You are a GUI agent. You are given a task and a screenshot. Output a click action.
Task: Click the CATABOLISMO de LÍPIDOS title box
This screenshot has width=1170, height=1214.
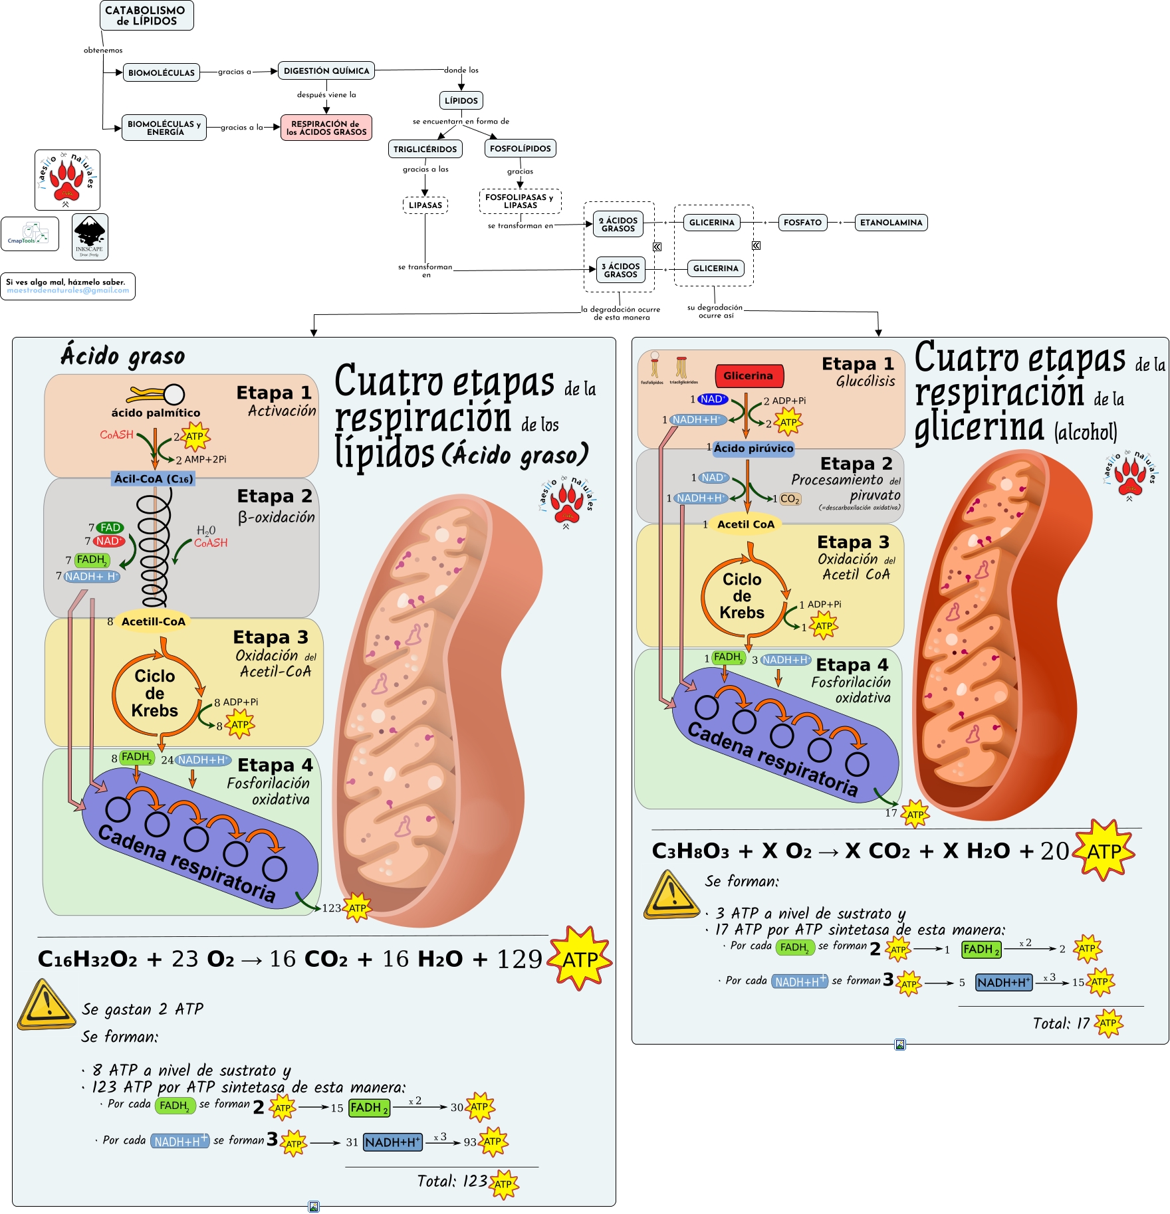146,15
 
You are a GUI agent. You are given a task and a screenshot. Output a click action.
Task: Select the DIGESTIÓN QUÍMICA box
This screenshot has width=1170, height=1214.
326,70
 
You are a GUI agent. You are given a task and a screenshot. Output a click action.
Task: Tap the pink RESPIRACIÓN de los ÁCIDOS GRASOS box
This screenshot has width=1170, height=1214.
326,128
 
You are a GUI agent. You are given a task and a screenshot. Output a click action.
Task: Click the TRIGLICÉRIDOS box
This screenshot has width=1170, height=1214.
425,149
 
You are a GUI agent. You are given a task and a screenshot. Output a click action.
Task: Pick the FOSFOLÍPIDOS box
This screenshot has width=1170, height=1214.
520,148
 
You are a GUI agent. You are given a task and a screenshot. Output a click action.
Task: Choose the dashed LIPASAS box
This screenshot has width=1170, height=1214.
425,205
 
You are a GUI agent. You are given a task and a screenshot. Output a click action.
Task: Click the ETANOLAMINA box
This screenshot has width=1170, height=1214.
891,223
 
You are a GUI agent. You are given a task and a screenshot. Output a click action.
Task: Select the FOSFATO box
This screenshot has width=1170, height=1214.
802,223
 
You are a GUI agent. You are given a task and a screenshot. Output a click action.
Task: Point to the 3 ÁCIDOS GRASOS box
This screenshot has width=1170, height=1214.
620,270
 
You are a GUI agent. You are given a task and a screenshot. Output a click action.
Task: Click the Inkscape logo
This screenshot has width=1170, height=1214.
90,237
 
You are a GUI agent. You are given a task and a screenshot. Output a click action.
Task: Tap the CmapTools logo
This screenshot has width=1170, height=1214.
30,234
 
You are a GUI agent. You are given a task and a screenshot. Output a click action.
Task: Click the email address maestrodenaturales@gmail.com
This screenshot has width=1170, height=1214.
68,290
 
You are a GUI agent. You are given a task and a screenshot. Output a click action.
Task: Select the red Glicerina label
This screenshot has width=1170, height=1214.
749,376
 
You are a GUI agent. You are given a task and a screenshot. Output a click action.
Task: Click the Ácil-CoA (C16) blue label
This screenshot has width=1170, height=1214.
154,478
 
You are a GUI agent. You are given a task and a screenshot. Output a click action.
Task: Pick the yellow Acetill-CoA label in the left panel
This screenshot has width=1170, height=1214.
153,621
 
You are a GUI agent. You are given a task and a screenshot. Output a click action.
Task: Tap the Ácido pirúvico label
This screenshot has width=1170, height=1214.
753,449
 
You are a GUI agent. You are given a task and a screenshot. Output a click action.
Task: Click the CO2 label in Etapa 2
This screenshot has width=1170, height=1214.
790,499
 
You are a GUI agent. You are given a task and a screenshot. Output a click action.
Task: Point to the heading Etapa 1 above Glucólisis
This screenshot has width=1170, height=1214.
858,364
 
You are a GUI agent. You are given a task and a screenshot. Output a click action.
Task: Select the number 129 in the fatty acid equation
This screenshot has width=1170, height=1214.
520,959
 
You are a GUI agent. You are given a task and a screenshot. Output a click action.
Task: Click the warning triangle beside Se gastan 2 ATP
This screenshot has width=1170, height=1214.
45,1004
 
